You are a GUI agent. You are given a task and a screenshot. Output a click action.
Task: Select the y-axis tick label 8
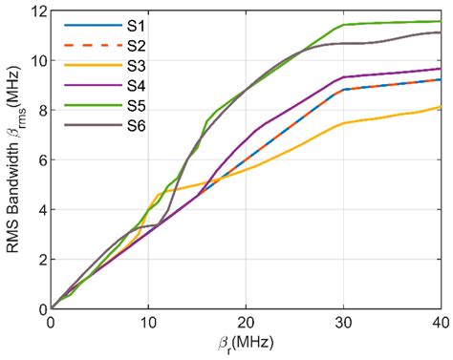tap(40, 111)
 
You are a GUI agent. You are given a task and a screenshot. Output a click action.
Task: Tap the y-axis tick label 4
tap(40, 210)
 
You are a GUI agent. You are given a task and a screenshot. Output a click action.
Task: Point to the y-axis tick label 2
tap(40, 260)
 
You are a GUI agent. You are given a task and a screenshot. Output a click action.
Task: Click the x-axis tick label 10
tap(149, 323)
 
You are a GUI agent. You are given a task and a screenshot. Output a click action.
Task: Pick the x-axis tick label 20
tap(247, 323)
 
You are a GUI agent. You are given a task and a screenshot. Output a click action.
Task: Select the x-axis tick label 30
tap(343, 323)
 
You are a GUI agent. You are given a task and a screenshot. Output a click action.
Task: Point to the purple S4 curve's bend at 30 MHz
tap(343, 77)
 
